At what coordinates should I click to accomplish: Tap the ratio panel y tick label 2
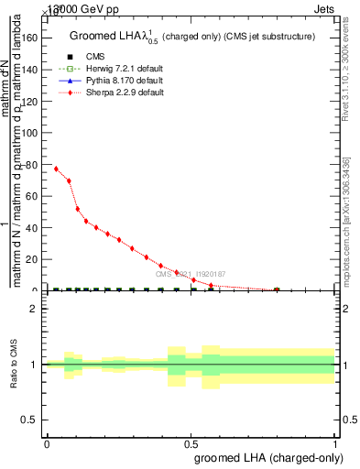33,309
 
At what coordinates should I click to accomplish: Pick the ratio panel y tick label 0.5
30,420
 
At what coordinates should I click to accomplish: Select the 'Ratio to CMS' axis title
14,364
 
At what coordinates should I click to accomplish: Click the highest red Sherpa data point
56,169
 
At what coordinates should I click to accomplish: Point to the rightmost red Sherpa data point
277,290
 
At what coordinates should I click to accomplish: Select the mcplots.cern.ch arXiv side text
347,220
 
